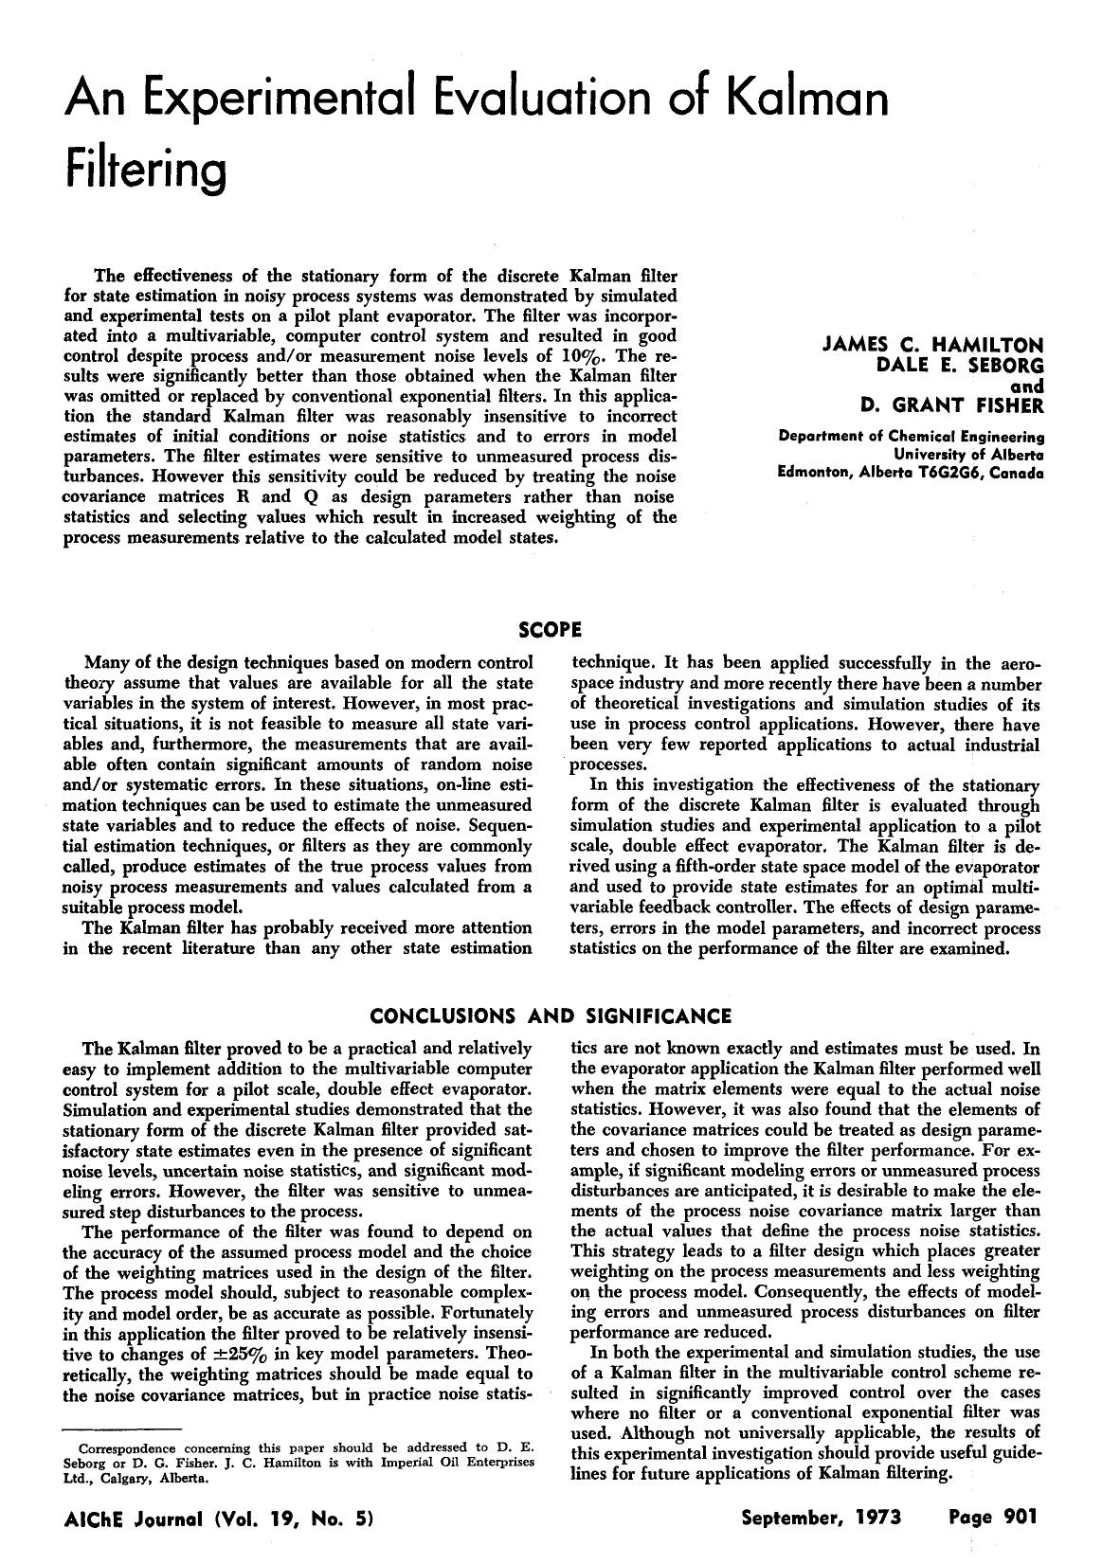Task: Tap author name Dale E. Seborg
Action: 961,365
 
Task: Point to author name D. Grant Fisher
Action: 951,406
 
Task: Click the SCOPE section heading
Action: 551,629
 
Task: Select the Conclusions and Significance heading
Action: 551,1016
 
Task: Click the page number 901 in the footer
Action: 1021,1517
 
